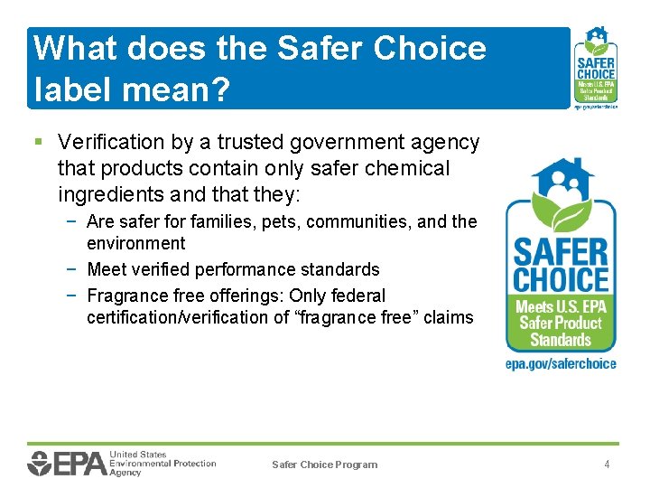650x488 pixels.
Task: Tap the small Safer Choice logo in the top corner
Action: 596,67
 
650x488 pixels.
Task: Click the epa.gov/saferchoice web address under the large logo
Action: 561,364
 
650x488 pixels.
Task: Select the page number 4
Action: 608,465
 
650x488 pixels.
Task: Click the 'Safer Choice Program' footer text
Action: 325,465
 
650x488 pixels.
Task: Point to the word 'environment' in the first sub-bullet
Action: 135,243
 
